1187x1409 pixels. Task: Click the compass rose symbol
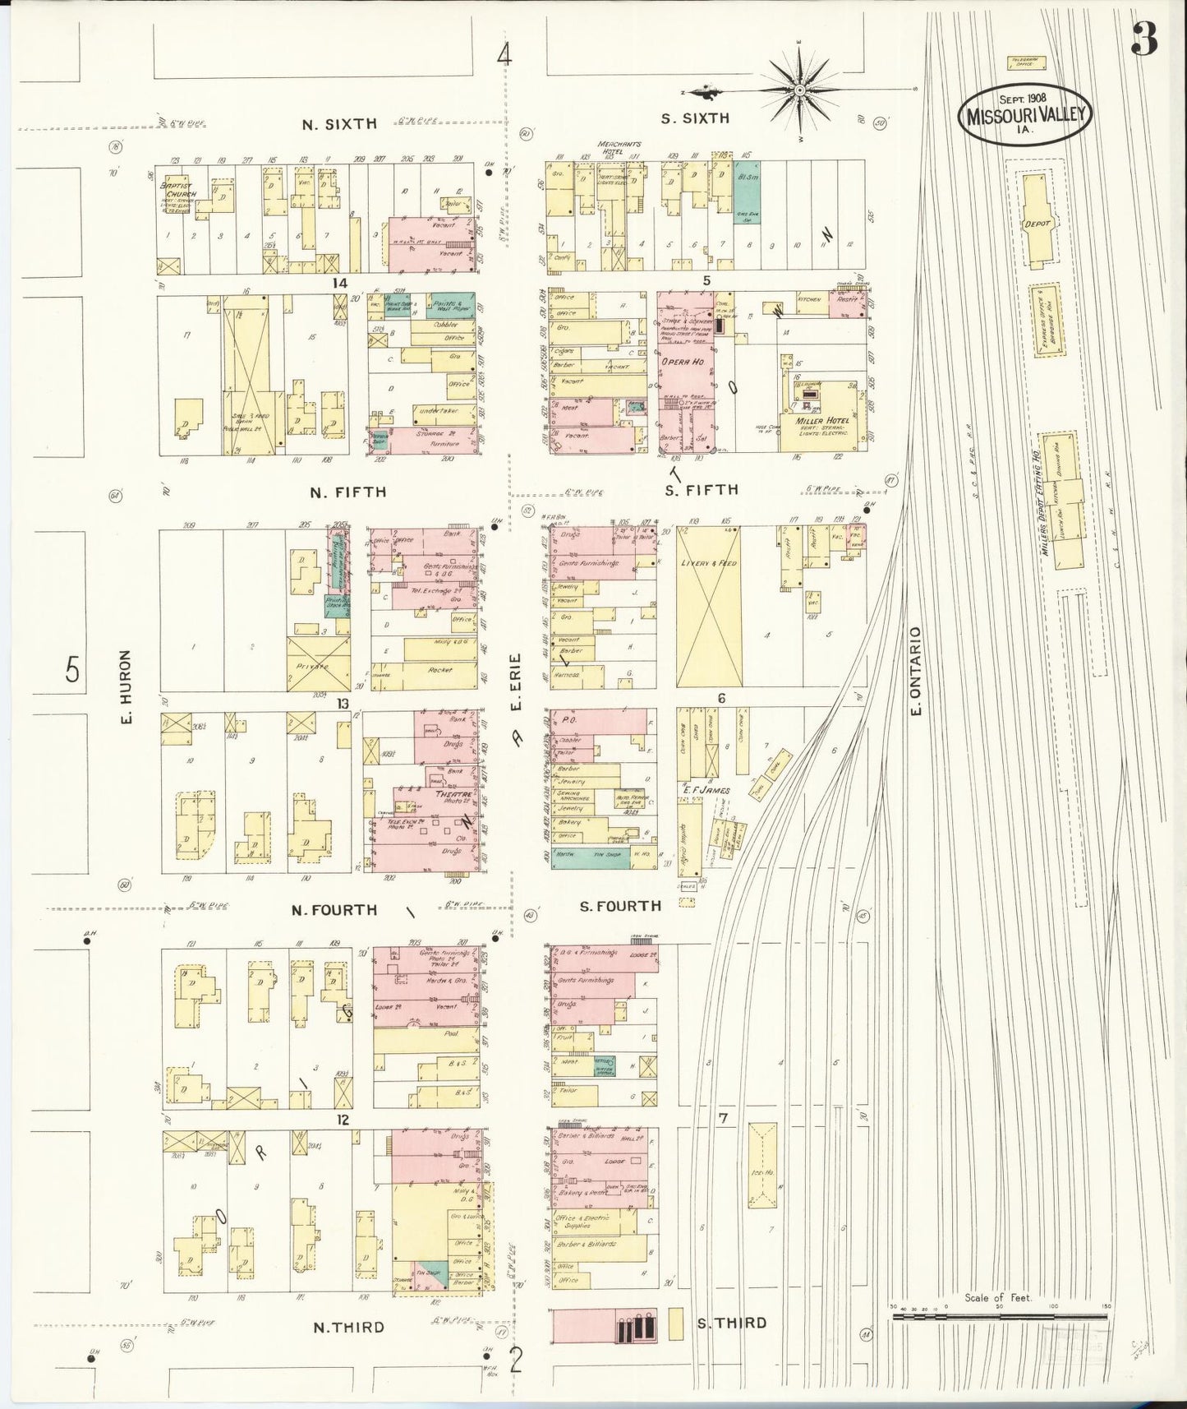pyautogui.click(x=798, y=89)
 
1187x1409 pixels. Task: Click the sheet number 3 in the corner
pyautogui.click(x=1143, y=39)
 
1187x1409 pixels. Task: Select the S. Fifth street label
pyautogui.click(x=701, y=490)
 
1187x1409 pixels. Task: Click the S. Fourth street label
pyautogui.click(x=620, y=907)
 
